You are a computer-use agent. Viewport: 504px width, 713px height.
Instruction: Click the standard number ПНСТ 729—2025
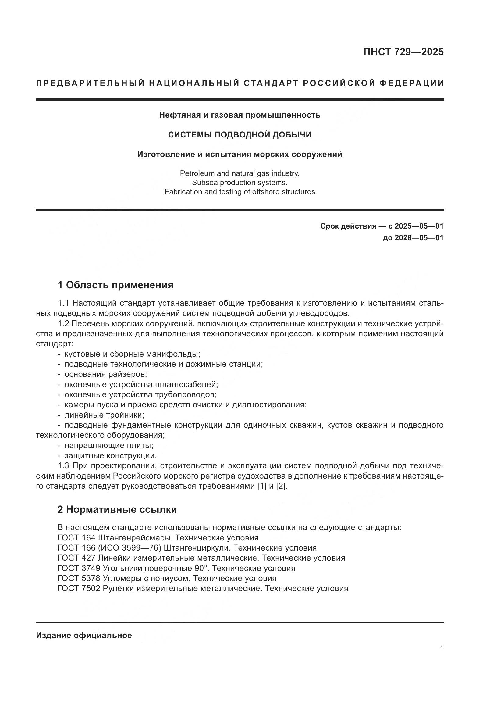[x=403, y=52]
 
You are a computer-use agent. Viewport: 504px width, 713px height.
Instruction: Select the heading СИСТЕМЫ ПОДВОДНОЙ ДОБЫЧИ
[x=240, y=135]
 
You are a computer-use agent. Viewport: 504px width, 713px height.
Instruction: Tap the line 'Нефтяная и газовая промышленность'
[x=240, y=115]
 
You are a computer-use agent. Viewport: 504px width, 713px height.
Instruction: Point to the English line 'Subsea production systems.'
[x=240, y=183]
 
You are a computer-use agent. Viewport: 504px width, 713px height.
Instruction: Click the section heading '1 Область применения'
[x=115, y=285]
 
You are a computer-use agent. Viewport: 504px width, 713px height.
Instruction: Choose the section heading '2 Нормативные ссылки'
[x=117, y=510]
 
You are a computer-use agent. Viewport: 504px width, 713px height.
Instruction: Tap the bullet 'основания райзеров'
[x=105, y=375]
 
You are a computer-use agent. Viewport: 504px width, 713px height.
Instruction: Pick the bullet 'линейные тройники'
[x=104, y=415]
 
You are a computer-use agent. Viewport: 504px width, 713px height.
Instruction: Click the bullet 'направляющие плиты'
[x=109, y=445]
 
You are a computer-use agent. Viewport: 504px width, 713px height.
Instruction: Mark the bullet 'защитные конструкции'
[x=111, y=455]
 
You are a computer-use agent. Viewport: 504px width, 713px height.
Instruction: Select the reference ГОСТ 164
[x=76, y=538]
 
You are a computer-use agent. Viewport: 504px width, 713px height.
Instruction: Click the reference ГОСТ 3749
[x=79, y=568]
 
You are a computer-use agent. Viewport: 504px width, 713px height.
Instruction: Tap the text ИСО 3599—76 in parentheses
[x=130, y=548]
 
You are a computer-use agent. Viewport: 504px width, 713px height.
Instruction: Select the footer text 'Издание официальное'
[x=84, y=635]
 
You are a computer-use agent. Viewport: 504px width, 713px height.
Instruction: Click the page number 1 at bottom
[x=442, y=649]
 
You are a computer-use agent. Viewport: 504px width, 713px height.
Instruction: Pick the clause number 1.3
[x=64, y=466]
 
